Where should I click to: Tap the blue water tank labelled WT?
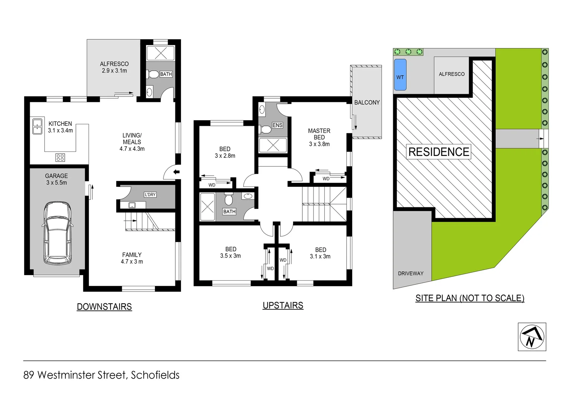tap(400, 74)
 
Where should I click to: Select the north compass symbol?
tap(532, 337)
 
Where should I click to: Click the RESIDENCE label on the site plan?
tap(439, 152)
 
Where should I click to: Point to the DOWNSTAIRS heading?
tap(104, 307)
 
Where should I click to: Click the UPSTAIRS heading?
tap(283, 306)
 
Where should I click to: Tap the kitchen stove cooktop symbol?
tap(60, 157)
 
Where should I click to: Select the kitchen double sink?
tap(37, 127)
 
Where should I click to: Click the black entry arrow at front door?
tap(177, 172)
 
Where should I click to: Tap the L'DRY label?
tap(150, 195)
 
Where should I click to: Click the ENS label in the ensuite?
tap(277, 125)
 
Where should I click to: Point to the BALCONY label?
tap(367, 102)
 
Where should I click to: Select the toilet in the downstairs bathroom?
tap(153, 74)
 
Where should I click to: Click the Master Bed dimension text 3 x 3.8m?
tap(319, 144)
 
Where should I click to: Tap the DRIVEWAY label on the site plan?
tap(410, 273)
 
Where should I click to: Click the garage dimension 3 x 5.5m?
tap(57, 183)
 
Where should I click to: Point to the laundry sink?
tap(132, 205)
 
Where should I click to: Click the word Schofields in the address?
tap(155, 375)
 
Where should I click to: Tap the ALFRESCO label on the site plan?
tap(451, 74)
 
